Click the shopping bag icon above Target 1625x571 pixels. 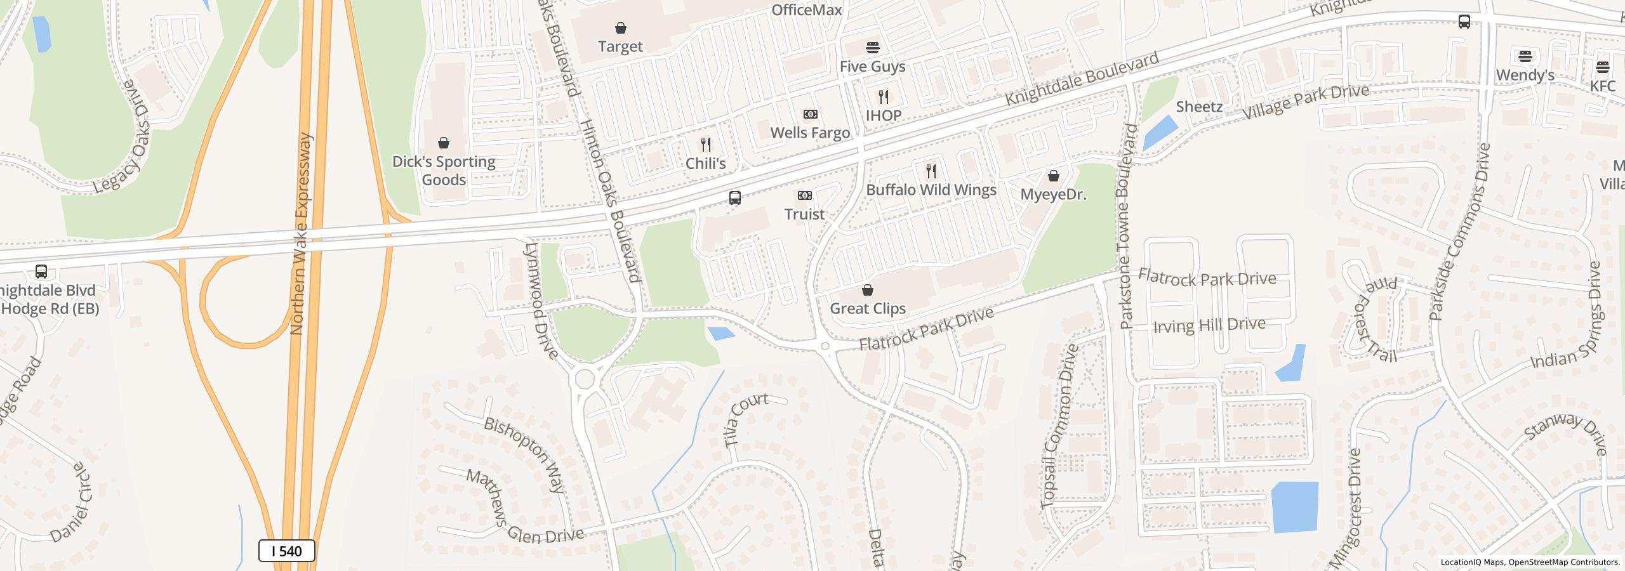[x=621, y=28]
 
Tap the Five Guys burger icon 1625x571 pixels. [x=873, y=48]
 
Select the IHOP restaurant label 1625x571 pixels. [x=884, y=115]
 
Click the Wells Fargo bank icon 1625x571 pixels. [x=811, y=114]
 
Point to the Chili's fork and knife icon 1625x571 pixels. [x=706, y=145]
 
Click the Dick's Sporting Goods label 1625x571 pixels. [x=444, y=171]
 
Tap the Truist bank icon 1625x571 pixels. [x=805, y=195]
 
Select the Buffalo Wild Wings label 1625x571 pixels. [x=931, y=190]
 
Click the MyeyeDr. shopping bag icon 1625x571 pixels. [x=1054, y=176]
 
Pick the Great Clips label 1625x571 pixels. [x=868, y=308]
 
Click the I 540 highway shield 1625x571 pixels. [x=287, y=551]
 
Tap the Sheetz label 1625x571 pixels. [x=1199, y=107]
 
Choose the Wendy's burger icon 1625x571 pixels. [x=1525, y=56]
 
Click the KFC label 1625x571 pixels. [x=1603, y=86]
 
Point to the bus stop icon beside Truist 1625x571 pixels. [x=735, y=198]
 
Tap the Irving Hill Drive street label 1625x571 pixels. [x=1209, y=325]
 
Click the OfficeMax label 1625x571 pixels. [x=806, y=10]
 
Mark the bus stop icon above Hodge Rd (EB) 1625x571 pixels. [x=41, y=272]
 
